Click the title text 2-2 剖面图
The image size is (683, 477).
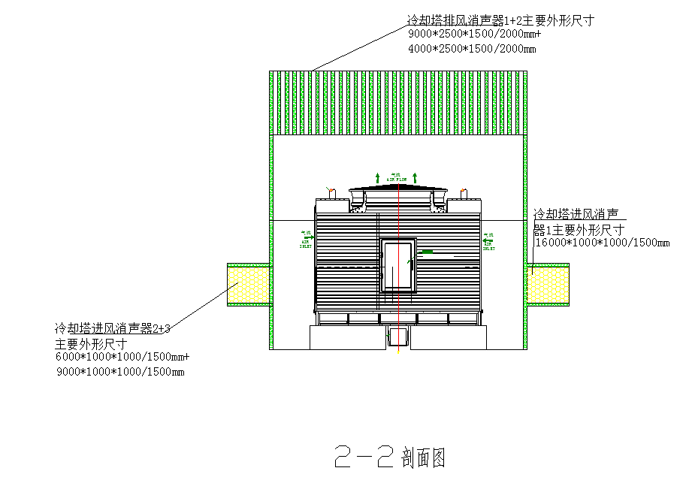click(390, 455)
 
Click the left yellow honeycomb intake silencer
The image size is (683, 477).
click(249, 285)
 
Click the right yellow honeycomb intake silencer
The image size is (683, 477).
click(548, 285)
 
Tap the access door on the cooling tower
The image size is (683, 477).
click(397, 266)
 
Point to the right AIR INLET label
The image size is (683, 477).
click(488, 240)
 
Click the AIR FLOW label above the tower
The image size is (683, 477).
click(397, 179)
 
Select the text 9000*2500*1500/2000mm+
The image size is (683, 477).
click(474, 35)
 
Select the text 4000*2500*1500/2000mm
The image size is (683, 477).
click(472, 50)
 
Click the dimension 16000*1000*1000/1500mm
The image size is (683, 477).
click(602, 243)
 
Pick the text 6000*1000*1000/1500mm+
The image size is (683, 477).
click(122, 357)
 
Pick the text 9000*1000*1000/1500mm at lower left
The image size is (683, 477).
click(120, 372)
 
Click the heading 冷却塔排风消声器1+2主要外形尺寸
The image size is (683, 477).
click(500, 20)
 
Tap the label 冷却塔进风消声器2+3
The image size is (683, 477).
click(113, 328)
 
